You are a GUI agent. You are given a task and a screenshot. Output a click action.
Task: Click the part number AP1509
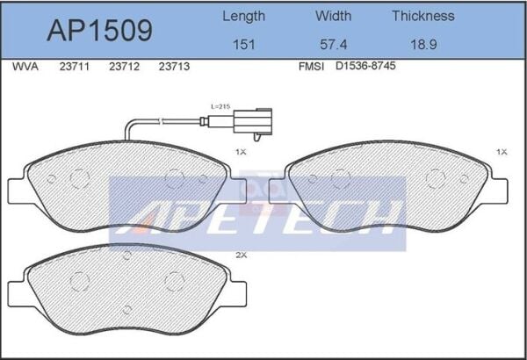point(99,31)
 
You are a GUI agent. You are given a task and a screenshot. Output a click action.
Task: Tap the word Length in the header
point(243,17)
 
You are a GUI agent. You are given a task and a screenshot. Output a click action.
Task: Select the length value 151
point(243,45)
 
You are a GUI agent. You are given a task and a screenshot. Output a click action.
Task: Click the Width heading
point(333,16)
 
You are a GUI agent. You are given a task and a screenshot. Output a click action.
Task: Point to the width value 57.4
point(333,45)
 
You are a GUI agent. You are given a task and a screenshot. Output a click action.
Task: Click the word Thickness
point(423,16)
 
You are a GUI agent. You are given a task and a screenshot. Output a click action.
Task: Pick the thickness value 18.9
point(423,45)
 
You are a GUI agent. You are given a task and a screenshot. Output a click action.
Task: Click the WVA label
point(25,67)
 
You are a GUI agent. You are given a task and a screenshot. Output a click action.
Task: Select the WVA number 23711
point(75,67)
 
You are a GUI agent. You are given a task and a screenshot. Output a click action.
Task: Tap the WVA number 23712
point(124,67)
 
